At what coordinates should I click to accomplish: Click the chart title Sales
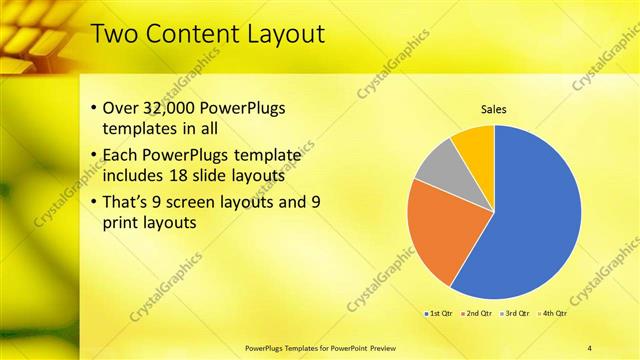tap(494, 109)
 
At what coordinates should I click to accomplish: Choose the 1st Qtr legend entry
tap(439, 313)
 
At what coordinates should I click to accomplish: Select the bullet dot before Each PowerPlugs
tap(94, 155)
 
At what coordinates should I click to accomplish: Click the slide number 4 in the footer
tap(589, 348)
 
